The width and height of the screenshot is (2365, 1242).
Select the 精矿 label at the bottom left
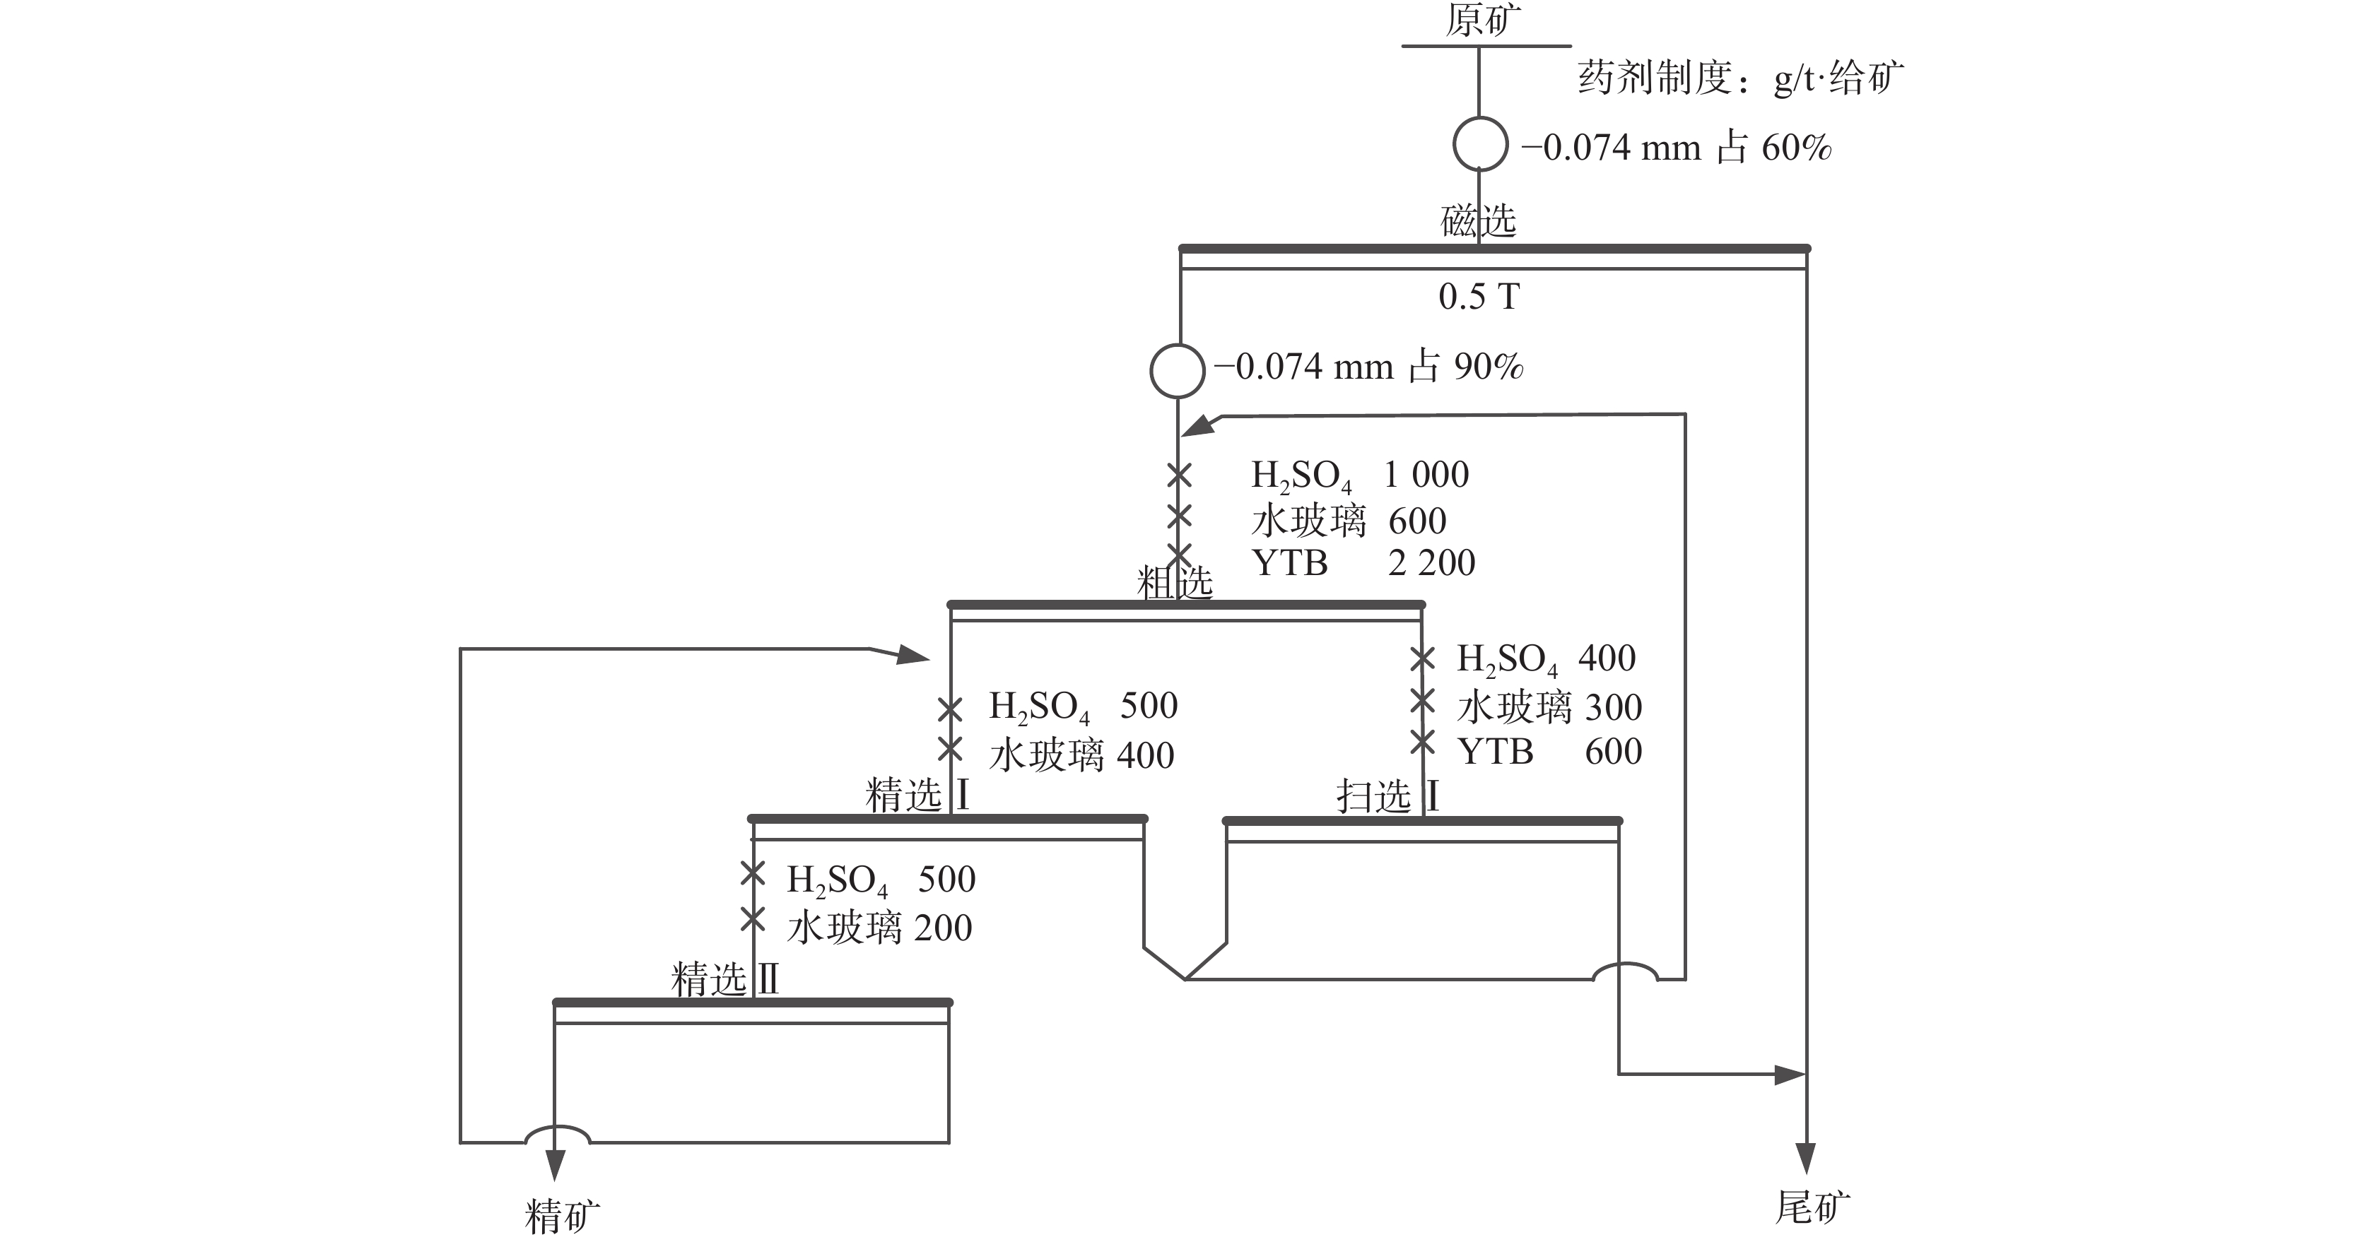tap(562, 1217)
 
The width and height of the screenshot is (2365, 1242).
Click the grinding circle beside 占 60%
tap(1480, 144)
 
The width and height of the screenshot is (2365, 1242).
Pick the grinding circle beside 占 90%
tap(1177, 371)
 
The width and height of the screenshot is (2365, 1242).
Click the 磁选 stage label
tap(1478, 221)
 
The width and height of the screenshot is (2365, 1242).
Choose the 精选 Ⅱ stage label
tap(725, 979)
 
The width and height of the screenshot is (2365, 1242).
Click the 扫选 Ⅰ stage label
tap(1386, 796)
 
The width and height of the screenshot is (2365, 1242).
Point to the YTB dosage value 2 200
tap(1431, 562)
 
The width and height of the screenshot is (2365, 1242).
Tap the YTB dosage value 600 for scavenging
tap(1613, 752)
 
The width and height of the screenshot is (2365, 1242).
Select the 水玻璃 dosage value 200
tap(943, 928)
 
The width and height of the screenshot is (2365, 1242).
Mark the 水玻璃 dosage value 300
tap(1613, 706)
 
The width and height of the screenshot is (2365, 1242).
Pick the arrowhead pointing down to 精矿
tap(555, 1166)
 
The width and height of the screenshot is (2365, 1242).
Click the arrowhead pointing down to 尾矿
tap(1806, 1159)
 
